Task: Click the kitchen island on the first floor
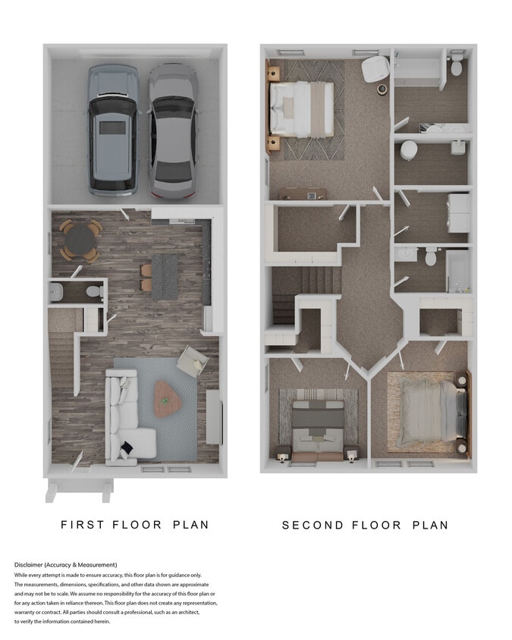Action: [164, 276]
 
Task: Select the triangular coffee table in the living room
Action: [168, 398]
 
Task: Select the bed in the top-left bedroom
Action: [301, 110]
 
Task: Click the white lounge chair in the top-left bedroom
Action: [375, 69]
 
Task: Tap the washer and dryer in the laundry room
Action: [458, 212]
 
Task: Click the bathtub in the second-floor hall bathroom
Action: [458, 269]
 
